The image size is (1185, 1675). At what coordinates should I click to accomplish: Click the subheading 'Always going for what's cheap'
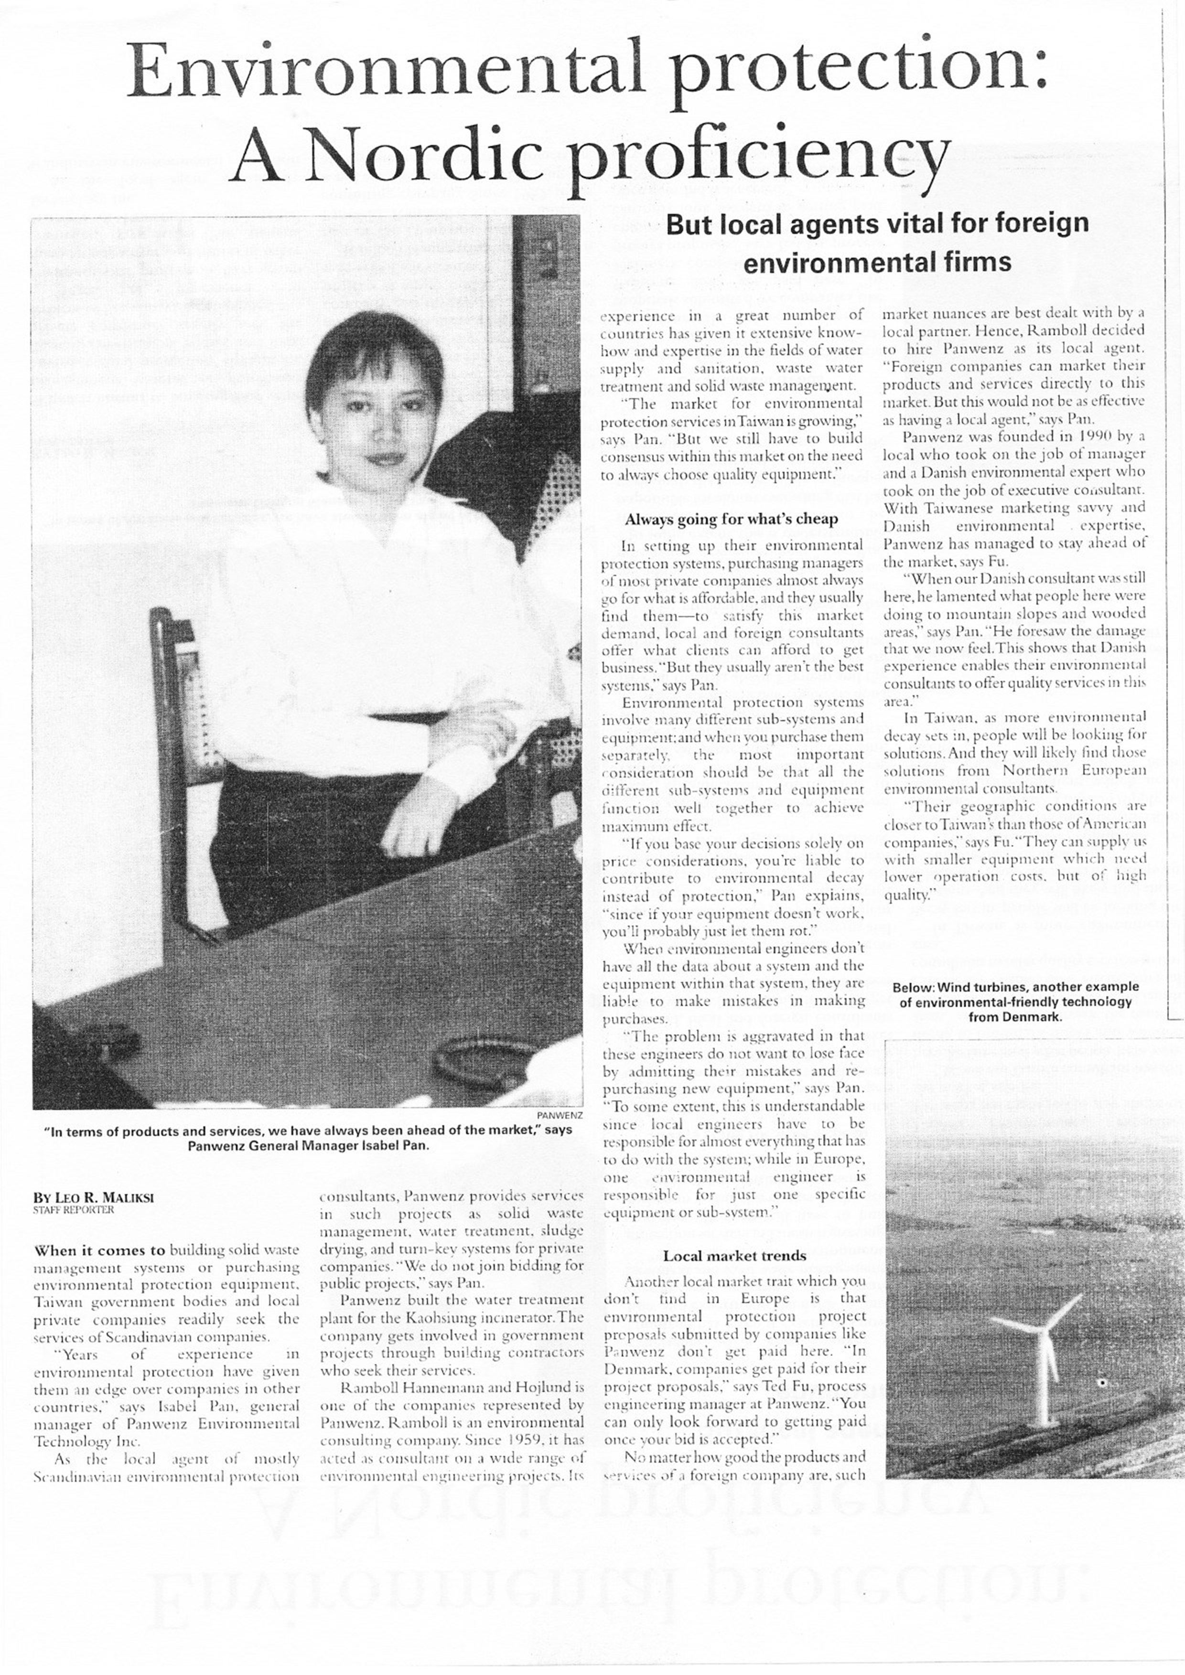coord(731,520)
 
